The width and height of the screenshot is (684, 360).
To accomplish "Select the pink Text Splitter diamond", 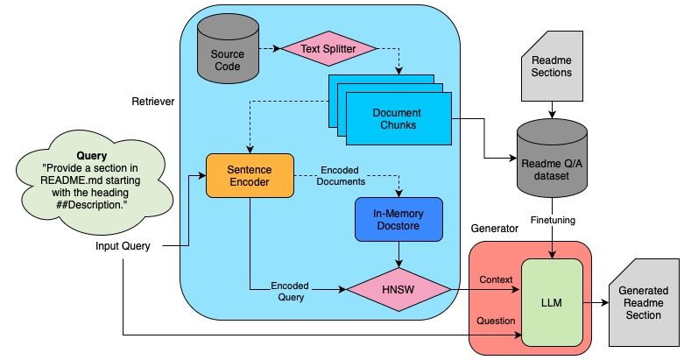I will point(328,49).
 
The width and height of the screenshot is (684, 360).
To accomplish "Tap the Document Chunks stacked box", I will point(397,119).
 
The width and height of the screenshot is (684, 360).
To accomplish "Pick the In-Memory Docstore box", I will point(399,218).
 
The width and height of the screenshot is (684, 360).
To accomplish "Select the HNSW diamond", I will point(399,288).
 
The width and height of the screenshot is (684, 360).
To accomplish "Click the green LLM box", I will point(552,302).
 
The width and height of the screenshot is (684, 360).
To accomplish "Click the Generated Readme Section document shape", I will point(643,302).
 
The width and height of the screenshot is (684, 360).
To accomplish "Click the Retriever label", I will point(152,102).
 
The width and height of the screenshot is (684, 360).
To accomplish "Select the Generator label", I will point(494,228).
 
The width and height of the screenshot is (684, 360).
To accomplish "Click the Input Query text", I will point(123,247).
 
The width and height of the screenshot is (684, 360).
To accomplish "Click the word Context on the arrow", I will point(496,279).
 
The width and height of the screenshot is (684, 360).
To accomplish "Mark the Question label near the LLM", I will point(496,321).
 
